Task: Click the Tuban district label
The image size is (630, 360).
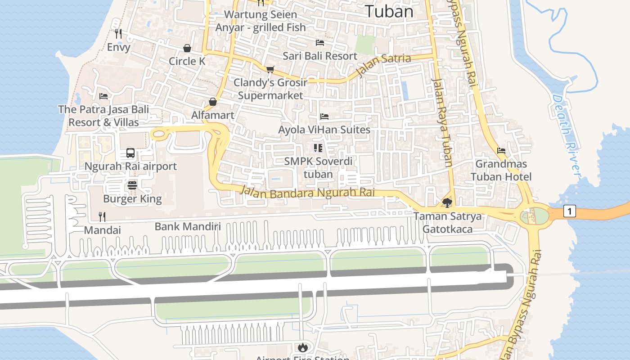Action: [389, 11]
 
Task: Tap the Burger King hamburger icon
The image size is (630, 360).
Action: [132, 185]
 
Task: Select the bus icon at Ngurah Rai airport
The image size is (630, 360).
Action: [130, 153]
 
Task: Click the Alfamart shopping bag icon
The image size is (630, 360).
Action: [213, 102]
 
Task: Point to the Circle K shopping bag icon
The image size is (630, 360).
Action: [187, 48]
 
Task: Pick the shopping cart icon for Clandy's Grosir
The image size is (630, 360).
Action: [270, 69]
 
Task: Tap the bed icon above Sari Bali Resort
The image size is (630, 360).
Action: [320, 43]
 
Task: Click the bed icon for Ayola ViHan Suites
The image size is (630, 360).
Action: [324, 117]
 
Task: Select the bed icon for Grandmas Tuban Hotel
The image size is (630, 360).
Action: [501, 151]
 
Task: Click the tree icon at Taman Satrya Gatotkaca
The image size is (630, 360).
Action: [447, 203]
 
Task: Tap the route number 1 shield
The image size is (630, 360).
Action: [570, 211]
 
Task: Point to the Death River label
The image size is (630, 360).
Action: [567, 135]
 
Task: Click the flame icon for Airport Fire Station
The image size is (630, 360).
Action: [302, 347]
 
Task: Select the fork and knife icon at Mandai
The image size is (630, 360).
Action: [102, 217]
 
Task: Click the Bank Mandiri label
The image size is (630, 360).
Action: [188, 226]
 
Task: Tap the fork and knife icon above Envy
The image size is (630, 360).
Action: [118, 34]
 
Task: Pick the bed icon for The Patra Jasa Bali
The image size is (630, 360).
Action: [103, 96]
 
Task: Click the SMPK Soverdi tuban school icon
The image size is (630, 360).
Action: [318, 148]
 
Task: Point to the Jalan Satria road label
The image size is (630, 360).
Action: [383, 64]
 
